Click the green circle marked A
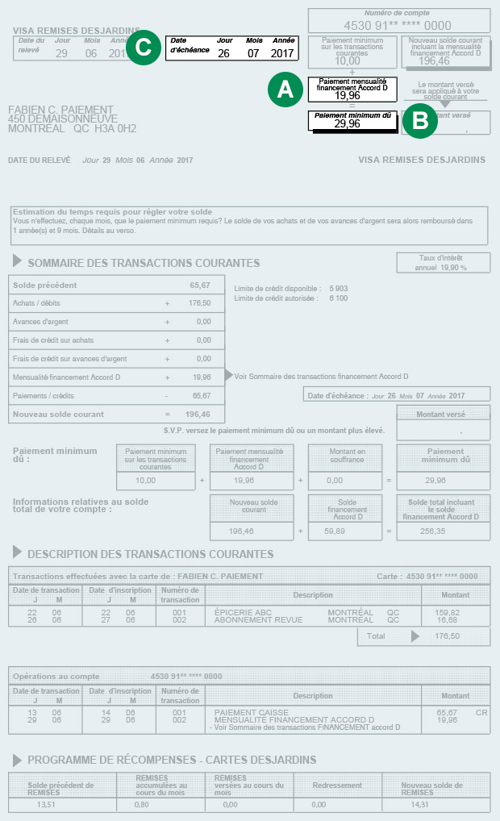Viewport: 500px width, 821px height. [x=285, y=90]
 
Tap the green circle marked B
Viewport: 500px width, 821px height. [x=419, y=121]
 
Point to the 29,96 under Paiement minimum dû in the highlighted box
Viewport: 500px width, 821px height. [x=347, y=124]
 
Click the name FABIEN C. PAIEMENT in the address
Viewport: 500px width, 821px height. [x=60, y=110]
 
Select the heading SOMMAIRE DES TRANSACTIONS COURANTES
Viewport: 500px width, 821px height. [x=144, y=263]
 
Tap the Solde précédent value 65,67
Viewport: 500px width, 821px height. [x=200, y=285]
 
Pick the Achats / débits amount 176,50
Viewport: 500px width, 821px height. [x=199, y=303]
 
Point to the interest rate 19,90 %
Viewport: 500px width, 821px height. [x=452, y=267]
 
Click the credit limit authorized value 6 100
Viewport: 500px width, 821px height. [x=339, y=298]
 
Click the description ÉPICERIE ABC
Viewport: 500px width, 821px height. [x=243, y=613]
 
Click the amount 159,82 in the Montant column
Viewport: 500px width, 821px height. [x=448, y=613]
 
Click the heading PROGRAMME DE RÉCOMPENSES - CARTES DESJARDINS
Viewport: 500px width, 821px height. [x=172, y=760]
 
